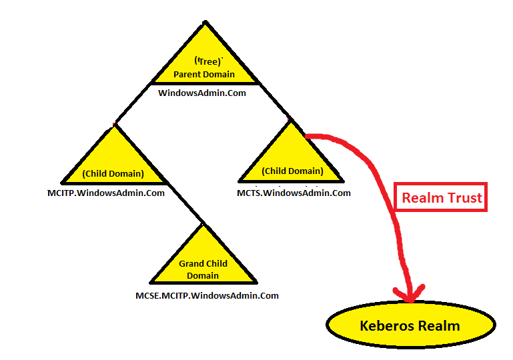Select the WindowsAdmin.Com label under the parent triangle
202,93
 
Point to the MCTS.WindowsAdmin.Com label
294,193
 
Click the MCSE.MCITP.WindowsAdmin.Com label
207,295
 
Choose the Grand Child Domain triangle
203,263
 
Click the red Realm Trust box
441,197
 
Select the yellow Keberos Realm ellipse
410,326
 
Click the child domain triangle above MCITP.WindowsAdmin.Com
113,163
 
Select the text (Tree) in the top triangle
204,61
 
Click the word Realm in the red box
421,197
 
